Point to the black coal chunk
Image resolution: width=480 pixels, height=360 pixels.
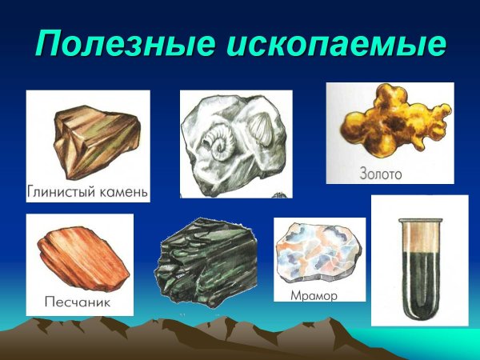[210, 260]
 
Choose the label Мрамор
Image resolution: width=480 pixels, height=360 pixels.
[316, 295]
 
